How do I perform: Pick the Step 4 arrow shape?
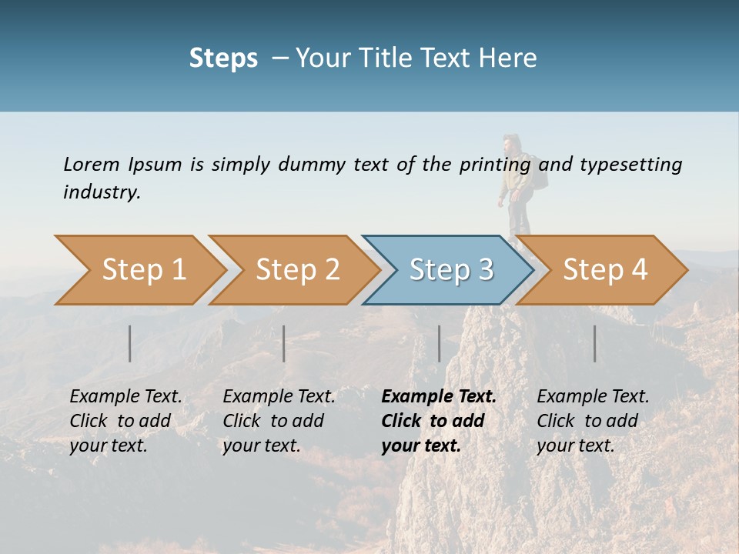point(603,270)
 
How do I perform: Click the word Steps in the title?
point(223,58)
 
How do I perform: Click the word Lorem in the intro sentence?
point(91,164)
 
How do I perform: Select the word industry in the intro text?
point(102,192)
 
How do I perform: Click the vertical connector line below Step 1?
point(130,343)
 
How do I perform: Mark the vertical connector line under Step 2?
point(284,343)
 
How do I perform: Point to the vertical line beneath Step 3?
point(440,343)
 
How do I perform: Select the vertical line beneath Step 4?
point(595,343)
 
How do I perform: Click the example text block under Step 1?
point(125,421)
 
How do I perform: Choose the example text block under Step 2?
point(278,421)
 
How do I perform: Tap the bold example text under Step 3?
point(437,421)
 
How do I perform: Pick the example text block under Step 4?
point(592,421)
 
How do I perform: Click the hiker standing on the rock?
point(515,189)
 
